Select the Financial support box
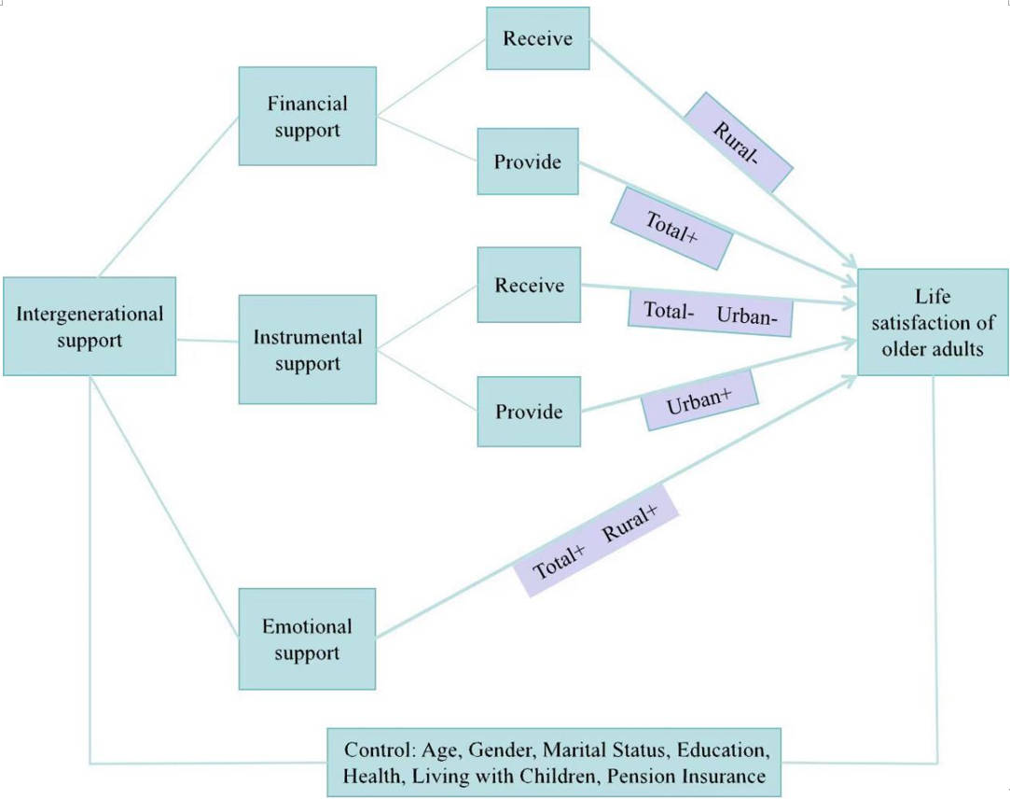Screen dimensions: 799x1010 pyautogui.click(x=307, y=117)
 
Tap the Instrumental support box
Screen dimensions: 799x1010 pyautogui.click(x=307, y=349)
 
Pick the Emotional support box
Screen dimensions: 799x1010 pyautogui.click(x=307, y=639)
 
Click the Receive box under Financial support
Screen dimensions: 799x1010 pyautogui.click(x=536, y=39)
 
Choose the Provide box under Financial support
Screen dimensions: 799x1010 pyautogui.click(x=528, y=161)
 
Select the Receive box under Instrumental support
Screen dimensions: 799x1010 pyautogui.click(x=528, y=286)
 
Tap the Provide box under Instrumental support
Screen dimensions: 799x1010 pyautogui.click(x=528, y=412)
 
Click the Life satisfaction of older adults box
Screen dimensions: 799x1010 pyautogui.click(x=933, y=322)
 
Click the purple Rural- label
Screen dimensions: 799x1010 pyautogui.click(x=739, y=142)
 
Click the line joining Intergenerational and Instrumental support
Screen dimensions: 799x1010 pyautogui.click(x=207, y=340)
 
